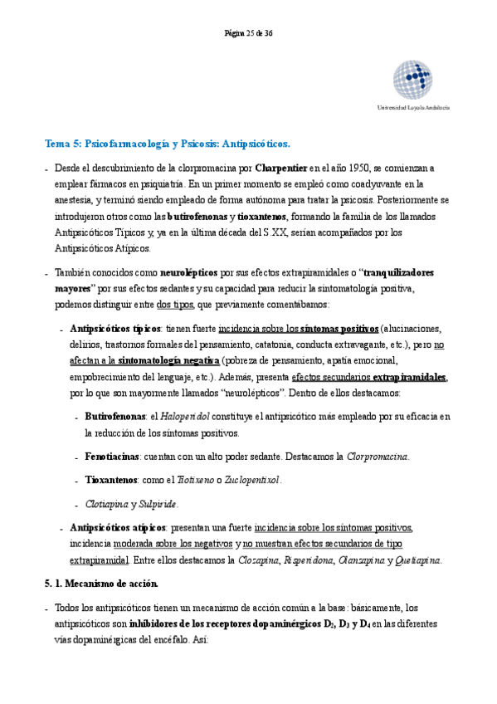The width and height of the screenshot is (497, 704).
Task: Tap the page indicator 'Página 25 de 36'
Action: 248,33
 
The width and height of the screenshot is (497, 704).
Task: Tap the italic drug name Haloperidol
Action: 187,415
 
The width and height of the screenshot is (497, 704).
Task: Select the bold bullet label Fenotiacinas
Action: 111,457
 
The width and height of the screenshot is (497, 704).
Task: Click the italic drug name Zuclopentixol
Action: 252,480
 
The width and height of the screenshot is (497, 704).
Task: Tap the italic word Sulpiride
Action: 157,503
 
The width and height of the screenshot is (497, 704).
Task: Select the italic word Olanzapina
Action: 360,560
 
